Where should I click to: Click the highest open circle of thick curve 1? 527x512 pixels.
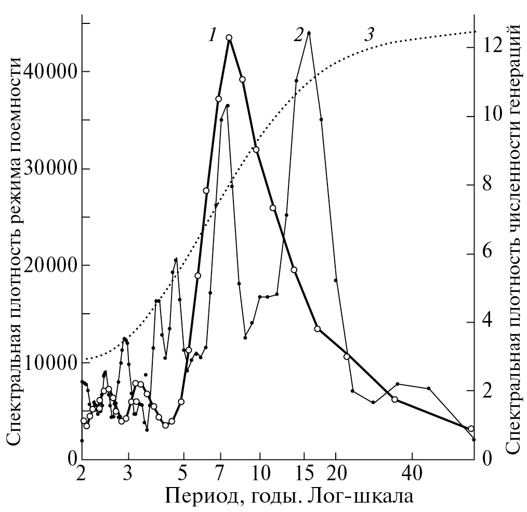coord(229,37)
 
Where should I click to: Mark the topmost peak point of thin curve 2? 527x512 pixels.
coord(309,33)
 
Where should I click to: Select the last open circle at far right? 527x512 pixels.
coord(471,429)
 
